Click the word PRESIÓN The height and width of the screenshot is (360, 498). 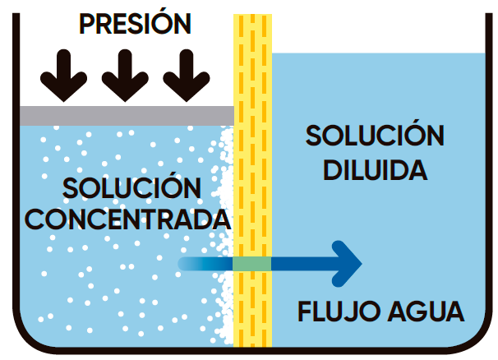[x=136, y=23]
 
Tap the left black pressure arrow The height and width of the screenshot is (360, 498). [x=64, y=76]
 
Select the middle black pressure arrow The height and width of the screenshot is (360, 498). [x=124, y=76]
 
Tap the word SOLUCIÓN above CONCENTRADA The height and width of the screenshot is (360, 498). [x=131, y=188]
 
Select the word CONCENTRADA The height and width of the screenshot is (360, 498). [x=132, y=219]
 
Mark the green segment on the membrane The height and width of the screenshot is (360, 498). [x=251, y=263]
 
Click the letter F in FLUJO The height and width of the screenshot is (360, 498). [x=304, y=313]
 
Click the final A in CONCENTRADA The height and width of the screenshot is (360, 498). [x=216, y=219]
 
